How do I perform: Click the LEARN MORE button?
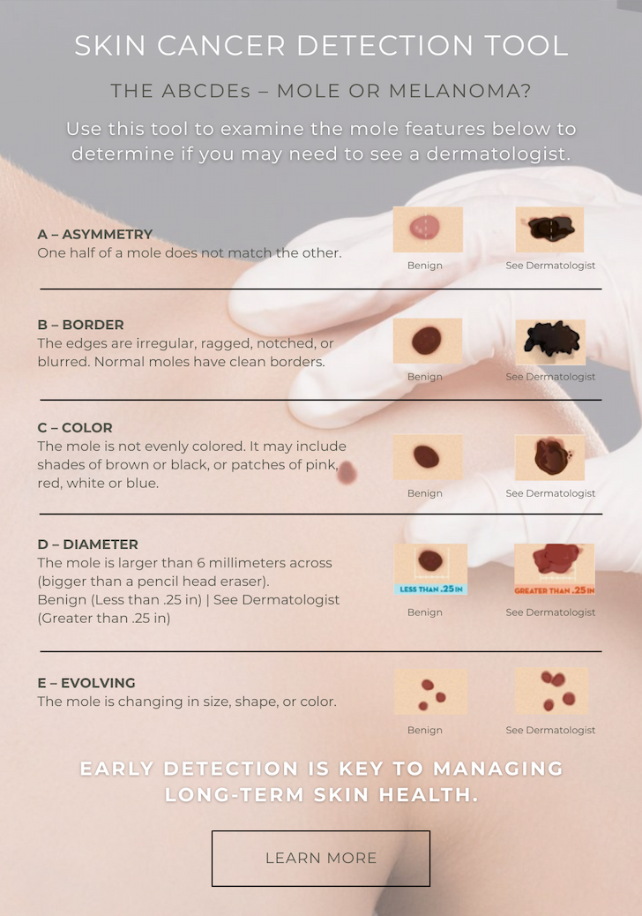(x=320, y=858)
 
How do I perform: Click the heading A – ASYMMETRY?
(x=94, y=234)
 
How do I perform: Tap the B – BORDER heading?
(x=80, y=325)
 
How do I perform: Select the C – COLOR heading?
(x=75, y=428)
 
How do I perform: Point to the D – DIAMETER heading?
(x=87, y=544)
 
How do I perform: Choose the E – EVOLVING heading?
(x=86, y=683)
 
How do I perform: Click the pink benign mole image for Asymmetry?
(x=428, y=229)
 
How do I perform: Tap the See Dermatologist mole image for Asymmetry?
(x=549, y=229)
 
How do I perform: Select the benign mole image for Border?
(x=428, y=342)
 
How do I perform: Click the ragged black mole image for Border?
(x=551, y=342)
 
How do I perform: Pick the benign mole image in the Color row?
(x=428, y=457)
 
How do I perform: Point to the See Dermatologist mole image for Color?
(x=549, y=457)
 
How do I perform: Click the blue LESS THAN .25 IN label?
(x=430, y=589)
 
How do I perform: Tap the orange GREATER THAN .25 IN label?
(x=555, y=590)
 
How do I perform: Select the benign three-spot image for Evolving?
(x=430, y=692)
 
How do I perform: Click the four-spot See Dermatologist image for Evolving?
(x=551, y=691)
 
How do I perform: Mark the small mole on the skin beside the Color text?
(x=347, y=472)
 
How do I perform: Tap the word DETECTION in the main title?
(x=384, y=46)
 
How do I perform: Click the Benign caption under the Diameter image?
(x=425, y=612)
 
